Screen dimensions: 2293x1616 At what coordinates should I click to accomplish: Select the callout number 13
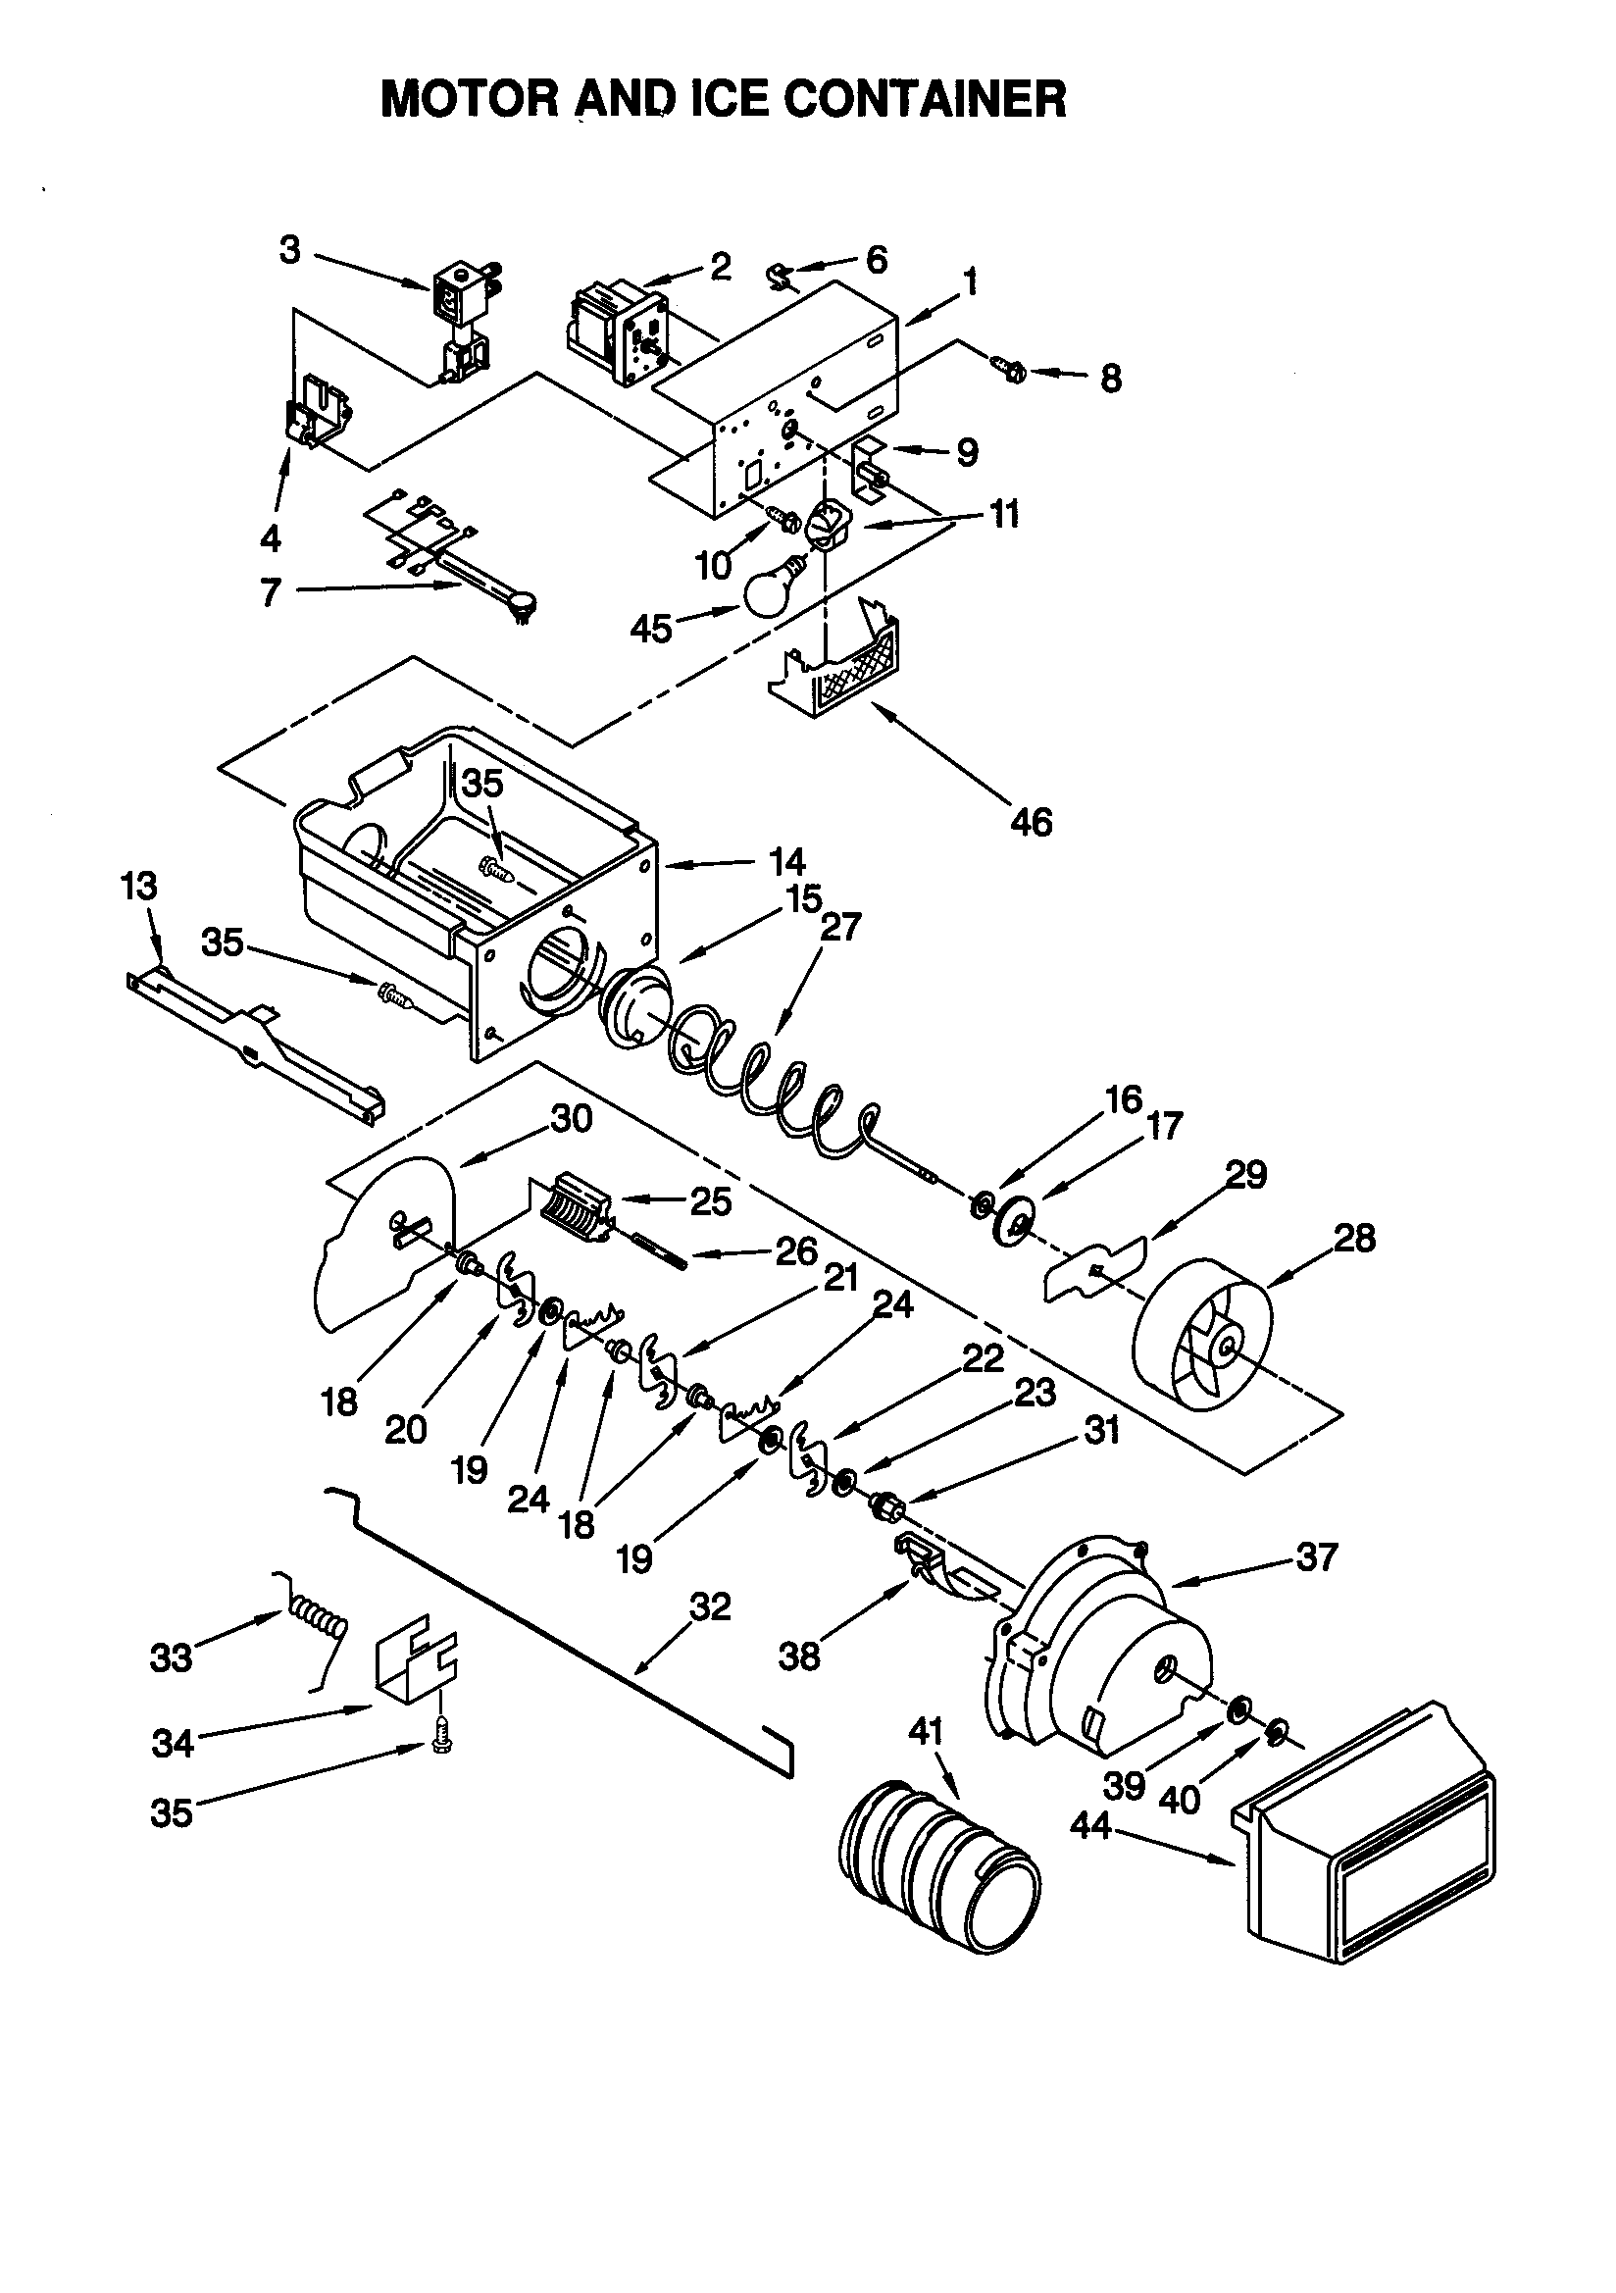click(139, 886)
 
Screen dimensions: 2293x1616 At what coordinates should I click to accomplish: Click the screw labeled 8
click(1010, 372)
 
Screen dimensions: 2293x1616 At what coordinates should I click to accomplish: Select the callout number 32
click(710, 1606)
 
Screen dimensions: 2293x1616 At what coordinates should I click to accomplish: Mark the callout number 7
click(270, 592)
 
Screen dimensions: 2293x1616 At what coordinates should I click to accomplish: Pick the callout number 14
click(787, 861)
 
